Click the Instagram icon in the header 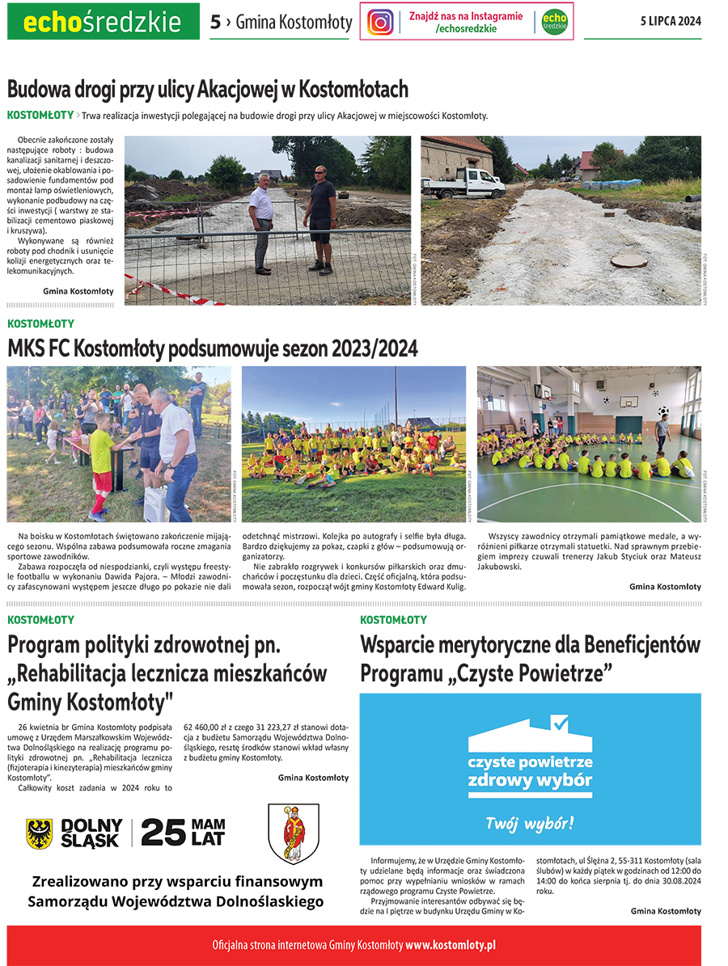[380, 22]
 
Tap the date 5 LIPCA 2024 [667, 22]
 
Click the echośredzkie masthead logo [103, 22]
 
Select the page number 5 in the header [215, 23]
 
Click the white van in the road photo [463, 183]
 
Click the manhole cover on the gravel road [629, 260]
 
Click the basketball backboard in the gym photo [629, 401]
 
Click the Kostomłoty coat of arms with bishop [294, 833]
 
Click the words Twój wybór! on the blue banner [530, 824]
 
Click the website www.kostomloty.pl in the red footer [451, 944]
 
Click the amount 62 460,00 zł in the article [212, 725]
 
